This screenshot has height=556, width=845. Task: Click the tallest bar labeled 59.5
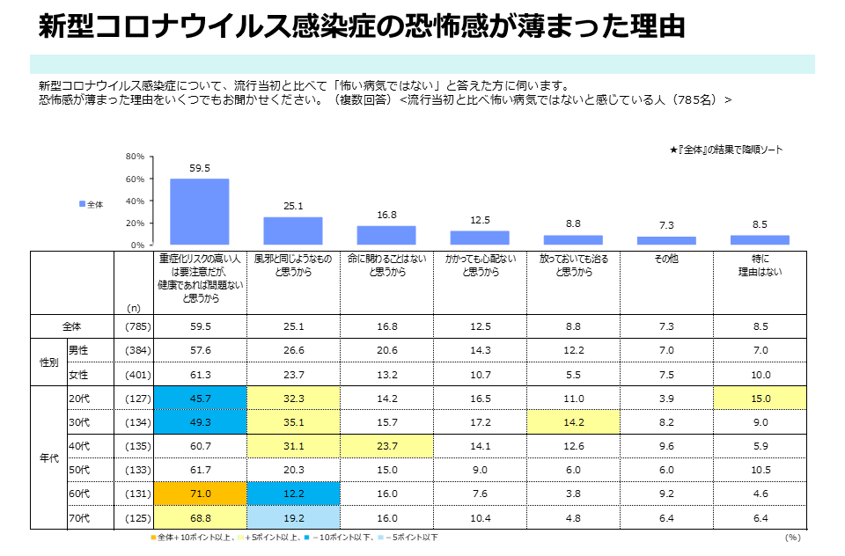pos(199,211)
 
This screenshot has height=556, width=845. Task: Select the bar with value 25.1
pos(292,230)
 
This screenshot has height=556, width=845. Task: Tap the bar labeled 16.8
pos(386,235)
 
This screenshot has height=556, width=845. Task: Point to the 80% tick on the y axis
pos(136,157)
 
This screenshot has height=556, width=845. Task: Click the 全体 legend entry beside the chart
pos(92,204)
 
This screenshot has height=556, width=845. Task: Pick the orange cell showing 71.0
pos(200,494)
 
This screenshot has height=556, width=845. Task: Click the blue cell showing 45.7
pos(200,398)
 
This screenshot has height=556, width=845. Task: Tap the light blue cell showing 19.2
pos(293,517)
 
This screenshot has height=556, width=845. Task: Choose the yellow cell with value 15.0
pos(760,398)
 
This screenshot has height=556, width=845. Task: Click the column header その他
pos(666,260)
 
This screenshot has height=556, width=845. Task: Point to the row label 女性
pos(78,374)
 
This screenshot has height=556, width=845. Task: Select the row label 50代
pos(78,470)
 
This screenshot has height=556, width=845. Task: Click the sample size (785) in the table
pos(134,326)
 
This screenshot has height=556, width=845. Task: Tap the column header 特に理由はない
pos(760,266)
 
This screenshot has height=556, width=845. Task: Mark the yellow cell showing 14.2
pos(573,421)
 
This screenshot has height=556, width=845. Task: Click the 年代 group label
pos(48,457)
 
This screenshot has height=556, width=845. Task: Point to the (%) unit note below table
pos(792,537)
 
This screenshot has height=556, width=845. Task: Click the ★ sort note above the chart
pos(725,150)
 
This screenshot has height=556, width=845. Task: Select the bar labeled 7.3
pos(666,240)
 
